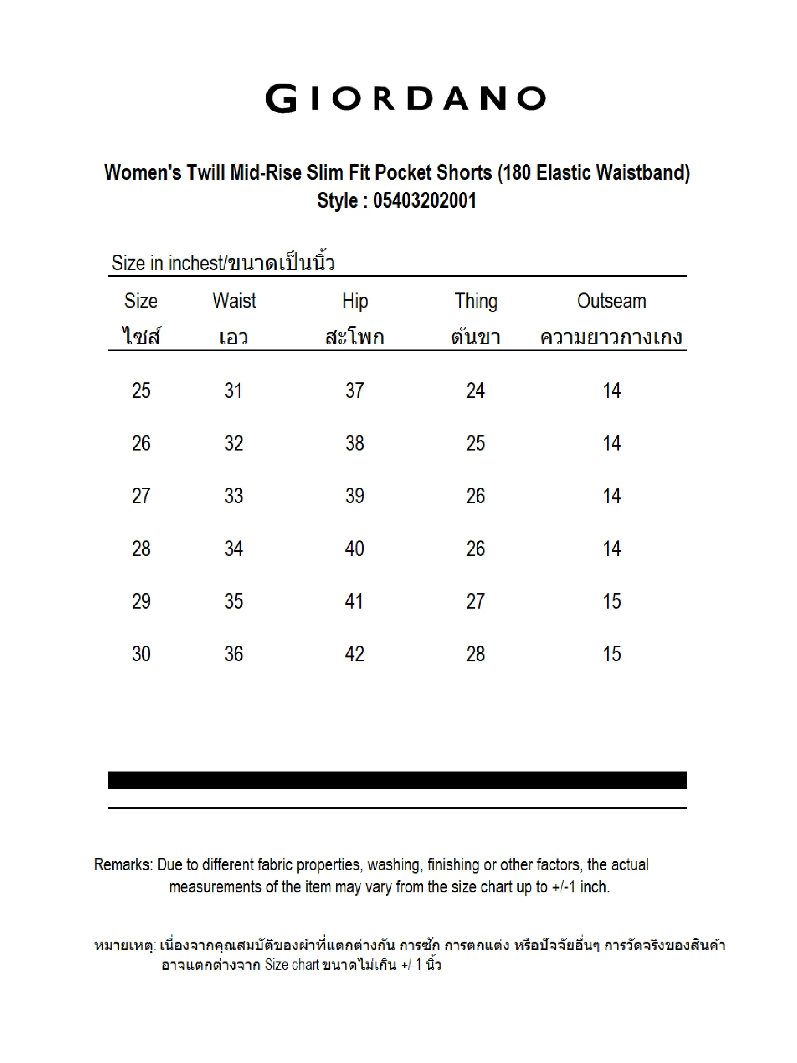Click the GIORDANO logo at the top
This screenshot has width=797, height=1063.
pos(406,99)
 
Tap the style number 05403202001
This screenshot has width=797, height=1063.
pos(425,201)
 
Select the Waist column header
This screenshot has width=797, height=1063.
pos(234,301)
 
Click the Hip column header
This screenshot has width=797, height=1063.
pos(355,301)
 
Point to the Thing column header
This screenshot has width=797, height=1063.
pos(476,301)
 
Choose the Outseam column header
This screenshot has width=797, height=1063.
pos(612,301)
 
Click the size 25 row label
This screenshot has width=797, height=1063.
pos(141,391)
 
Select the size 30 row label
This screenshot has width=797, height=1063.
pos(141,654)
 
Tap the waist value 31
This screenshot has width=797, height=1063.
pos(233,391)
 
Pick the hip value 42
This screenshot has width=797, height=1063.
pos(355,654)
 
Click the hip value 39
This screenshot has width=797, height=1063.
pos(355,496)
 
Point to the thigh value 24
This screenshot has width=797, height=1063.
pos(476,391)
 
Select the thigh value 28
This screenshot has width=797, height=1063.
pos(476,654)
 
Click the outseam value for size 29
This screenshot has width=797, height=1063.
pos(612,601)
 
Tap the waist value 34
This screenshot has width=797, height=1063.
pos(233,549)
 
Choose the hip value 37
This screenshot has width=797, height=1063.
pos(355,391)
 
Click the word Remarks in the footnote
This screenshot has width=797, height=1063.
pos(123,865)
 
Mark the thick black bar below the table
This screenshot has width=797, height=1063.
pos(397,780)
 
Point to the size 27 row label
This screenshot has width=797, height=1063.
pos(141,496)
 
